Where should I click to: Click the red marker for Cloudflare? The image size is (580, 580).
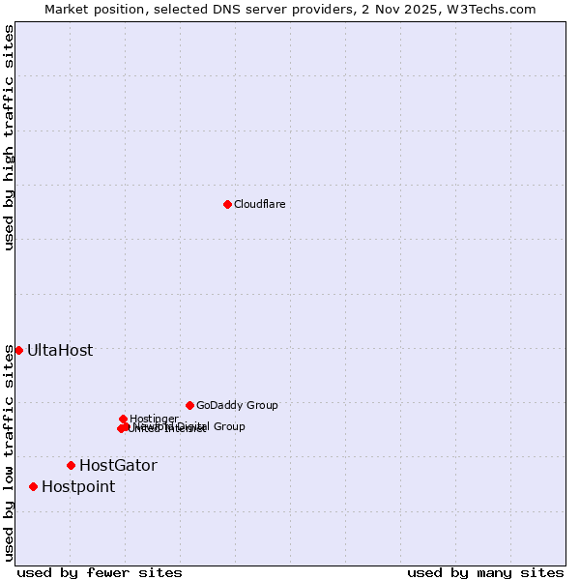[x=227, y=204]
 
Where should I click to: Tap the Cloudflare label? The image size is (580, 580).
[x=259, y=204]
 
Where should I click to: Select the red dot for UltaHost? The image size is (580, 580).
[x=18, y=350]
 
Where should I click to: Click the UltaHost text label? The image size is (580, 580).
[x=60, y=350]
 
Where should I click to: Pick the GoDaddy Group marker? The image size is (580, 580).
[x=189, y=405]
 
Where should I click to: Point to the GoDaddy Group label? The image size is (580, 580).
[x=237, y=405]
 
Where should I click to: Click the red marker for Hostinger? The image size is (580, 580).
[x=123, y=419]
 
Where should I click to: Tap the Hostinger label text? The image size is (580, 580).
[x=154, y=419]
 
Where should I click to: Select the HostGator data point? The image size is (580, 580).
[x=71, y=465]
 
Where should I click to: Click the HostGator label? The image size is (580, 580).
[x=118, y=465]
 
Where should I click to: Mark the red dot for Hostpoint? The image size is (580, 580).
[x=33, y=486]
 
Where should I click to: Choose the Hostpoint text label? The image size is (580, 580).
[x=78, y=486]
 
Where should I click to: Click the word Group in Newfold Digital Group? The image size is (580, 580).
[x=228, y=426]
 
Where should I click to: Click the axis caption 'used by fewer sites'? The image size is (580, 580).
[x=100, y=572]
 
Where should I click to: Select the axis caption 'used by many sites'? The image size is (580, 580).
[x=485, y=572]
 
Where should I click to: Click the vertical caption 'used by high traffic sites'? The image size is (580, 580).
[x=9, y=137]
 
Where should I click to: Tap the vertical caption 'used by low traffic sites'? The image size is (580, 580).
[x=9, y=452]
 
